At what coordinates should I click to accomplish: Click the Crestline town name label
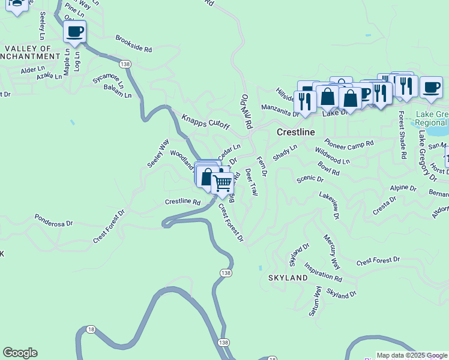pos(297,131)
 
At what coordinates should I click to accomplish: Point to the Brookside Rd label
pos(134,44)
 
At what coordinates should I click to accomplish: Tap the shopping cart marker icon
pos(223,182)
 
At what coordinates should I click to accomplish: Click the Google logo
pos(20,353)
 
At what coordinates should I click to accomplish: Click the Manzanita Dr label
pos(280,109)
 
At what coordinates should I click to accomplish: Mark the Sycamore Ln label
pos(108,79)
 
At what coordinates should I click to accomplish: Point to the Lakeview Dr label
pos(329,205)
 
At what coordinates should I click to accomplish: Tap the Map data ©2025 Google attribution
pos(412,355)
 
